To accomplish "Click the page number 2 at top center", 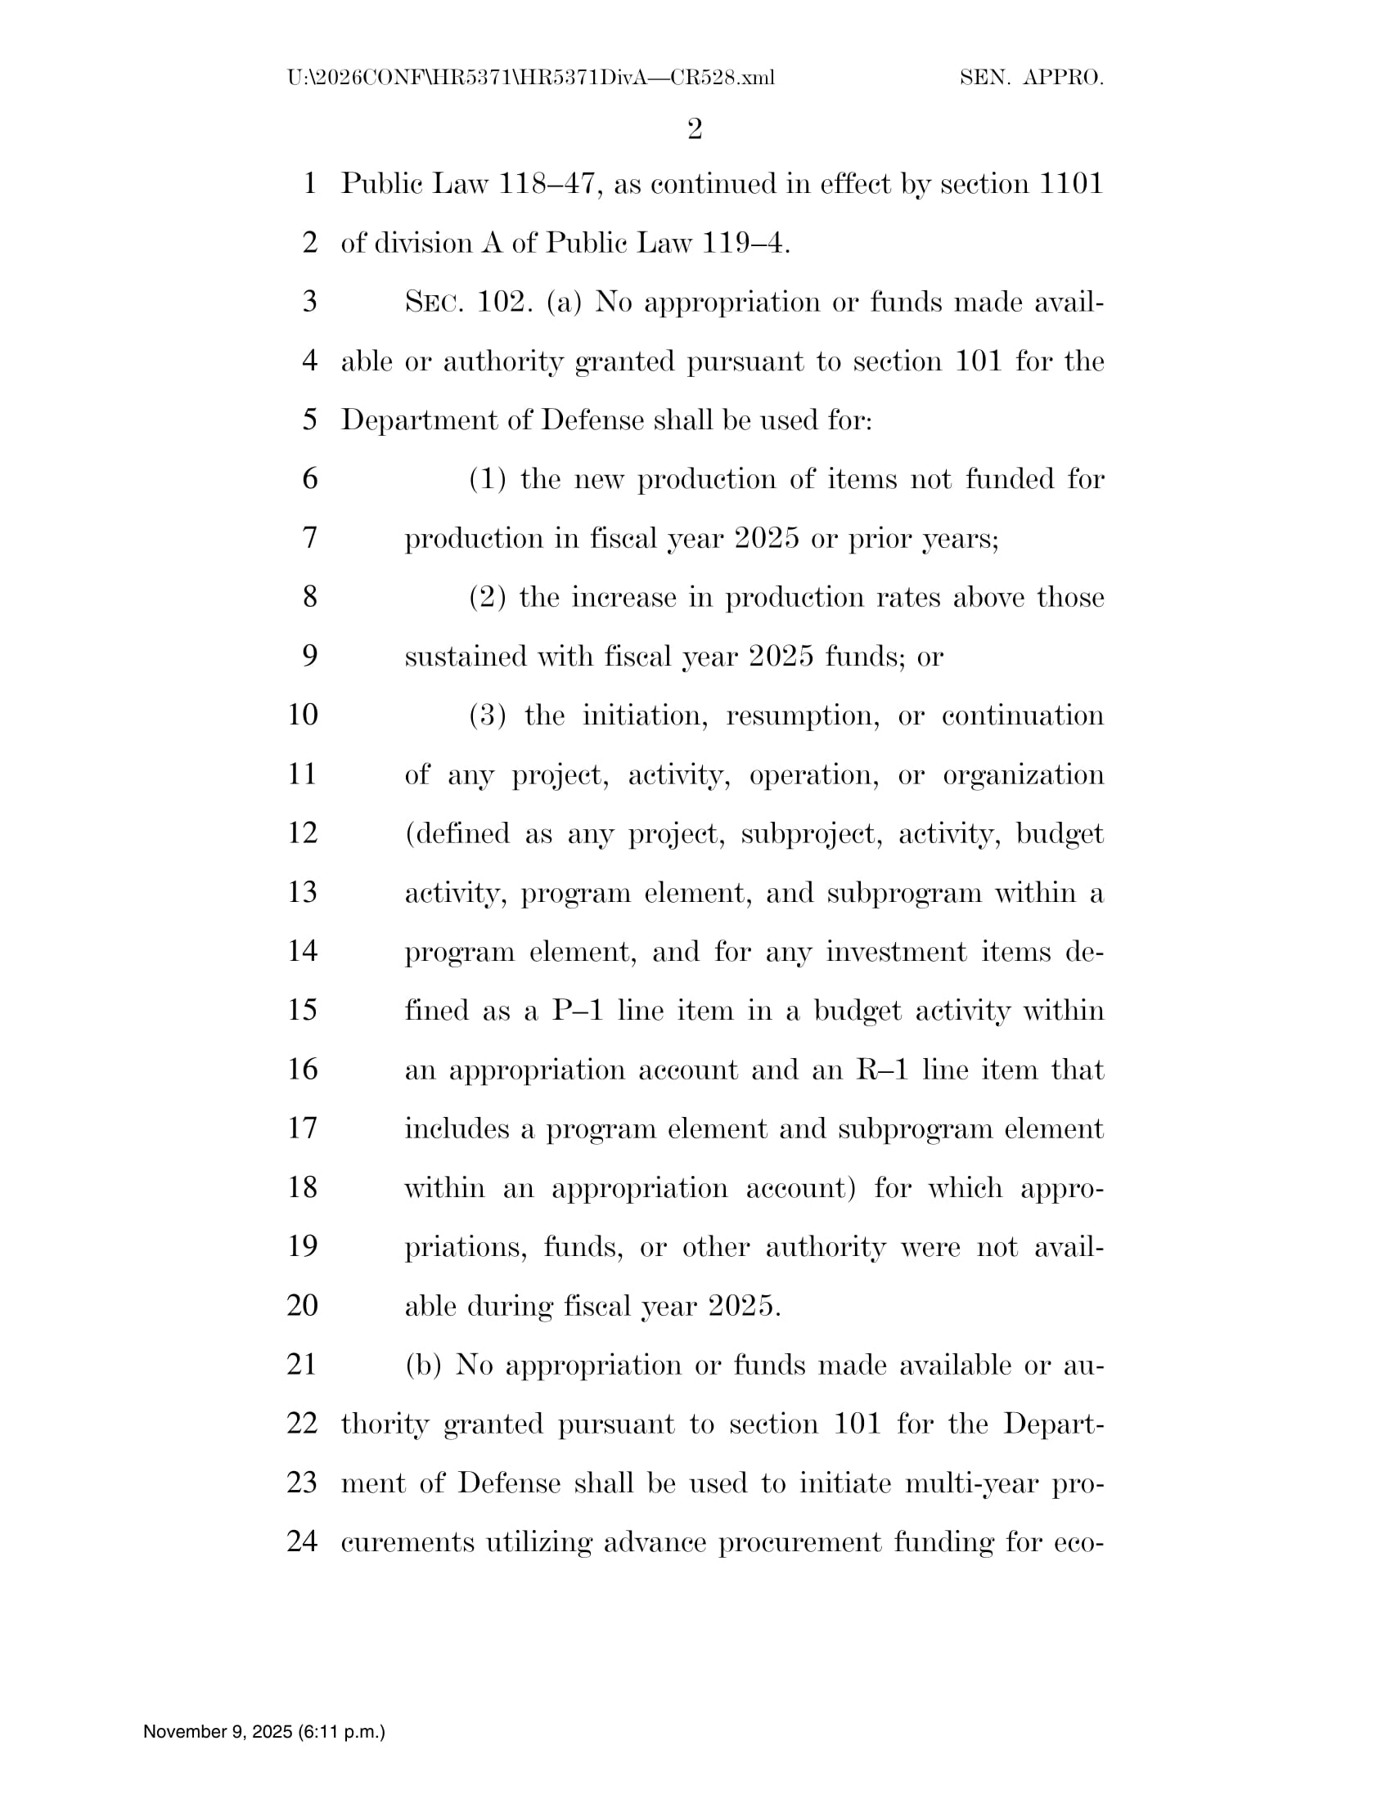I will click(695, 129).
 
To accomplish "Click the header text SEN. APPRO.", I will click(1032, 79).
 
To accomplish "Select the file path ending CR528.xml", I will click(531, 79).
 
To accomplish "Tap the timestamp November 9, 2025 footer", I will click(263, 1731).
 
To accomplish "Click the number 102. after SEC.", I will click(502, 303).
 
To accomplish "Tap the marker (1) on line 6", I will click(487, 479).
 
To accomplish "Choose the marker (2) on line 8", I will click(487, 597).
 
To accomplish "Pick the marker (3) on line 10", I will click(488, 715).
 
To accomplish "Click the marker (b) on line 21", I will click(424, 1365).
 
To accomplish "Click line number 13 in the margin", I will click(303, 892).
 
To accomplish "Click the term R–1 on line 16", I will click(881, 1070).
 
